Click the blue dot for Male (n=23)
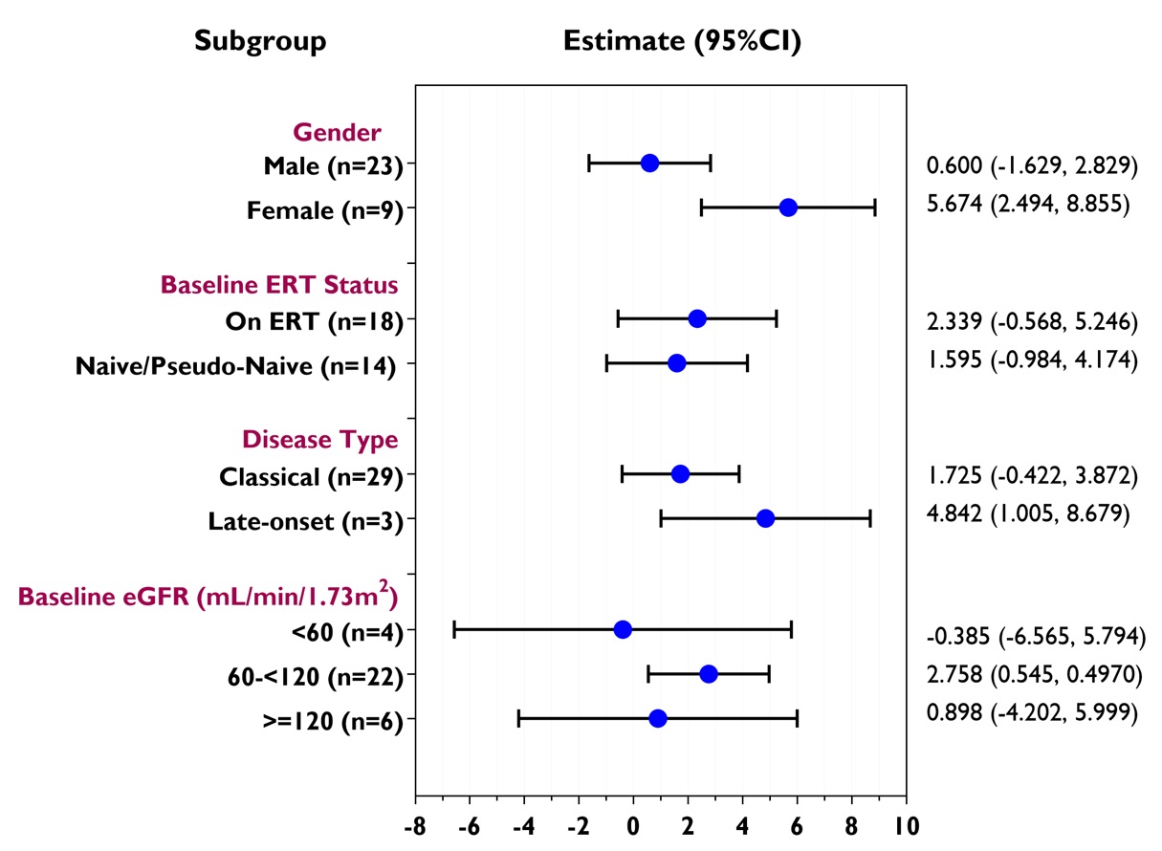pyautogui.click(x=649, y=163)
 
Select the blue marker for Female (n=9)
pyautogui.click(x=788, y=207)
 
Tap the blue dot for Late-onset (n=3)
pyautogui.click(x=765, y=518)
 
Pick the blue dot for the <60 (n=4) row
pyautogui.click(x=623, y=629)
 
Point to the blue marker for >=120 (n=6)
pyautogui.click(x=658, y=718)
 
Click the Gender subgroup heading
pyautogui.click(x=337, y=132)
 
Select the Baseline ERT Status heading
pyautogui.click(x=279, y=285)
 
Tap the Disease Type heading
pyautogui.click(x=319, y=440)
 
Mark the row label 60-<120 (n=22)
pyautogui.click(x=308, y=675)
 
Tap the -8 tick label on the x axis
pyautogui.click(x=415, y=825)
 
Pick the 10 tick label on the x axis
pyautogui.click(x=907, y=825)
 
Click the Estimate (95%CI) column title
pyautogui.click(x=682, y=41)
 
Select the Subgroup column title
pyautogui.click(x=260, y=41)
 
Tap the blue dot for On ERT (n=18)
pyautogui.click(x=697, y=318)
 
